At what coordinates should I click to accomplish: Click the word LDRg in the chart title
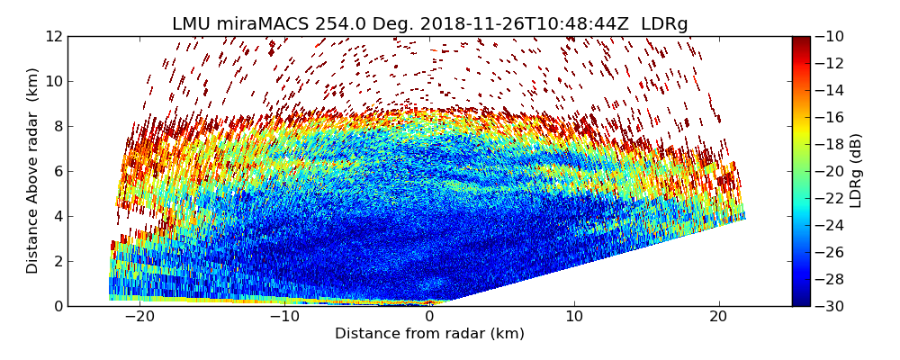pyautogui.click(x=664, y=24)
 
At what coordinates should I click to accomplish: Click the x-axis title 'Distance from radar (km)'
pyautogui.click(x=429, y=334)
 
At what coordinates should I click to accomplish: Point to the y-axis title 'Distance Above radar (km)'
pyautogui.click(x=33, y=171)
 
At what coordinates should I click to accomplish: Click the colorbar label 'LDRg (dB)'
pyautogui.click(x=856, y=171)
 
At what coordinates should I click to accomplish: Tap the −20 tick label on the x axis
pyautogui.click(x=139, y=317)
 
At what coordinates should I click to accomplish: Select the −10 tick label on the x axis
pyautogui.click(x=283, y=317)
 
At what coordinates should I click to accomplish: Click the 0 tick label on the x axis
pyautogui.click(x=429, y=317)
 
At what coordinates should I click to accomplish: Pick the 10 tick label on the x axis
pyautogui.click(x=574, y=317)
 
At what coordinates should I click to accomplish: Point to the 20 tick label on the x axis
pyautogui.click(x=719, y=317)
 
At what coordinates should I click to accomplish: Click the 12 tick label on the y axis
pyautogui.click(x=54, y=37)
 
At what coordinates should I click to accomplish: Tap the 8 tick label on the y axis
pyautogui.click(x=58, y=127)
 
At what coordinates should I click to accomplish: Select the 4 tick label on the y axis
pyautogui.click(x=58, y=217)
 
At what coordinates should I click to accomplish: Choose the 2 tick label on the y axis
pyautogui.click(x=58, y=262)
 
